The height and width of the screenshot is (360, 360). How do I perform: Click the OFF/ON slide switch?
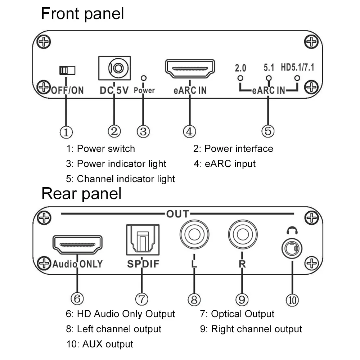pos(67,70)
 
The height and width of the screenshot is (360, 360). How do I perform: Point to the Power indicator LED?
pos(144,78)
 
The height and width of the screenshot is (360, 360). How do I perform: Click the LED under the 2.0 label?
pos(240,78)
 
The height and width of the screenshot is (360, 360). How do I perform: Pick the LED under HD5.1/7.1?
pos(297,78)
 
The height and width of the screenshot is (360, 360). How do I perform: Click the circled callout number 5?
pos(268,131)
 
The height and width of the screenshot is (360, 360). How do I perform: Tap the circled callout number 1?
pos(66,132)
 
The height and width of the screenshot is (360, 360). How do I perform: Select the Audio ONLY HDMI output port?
pos(78,244)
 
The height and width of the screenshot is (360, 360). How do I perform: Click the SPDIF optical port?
pos(143,240)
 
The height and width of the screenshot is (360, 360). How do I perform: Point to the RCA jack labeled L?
pos(194,234)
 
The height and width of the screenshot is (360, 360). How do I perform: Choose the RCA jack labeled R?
pos(243,234)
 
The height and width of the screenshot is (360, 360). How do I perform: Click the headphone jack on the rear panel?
pos(292,248)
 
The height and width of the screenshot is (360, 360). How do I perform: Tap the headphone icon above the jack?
pos(292,230)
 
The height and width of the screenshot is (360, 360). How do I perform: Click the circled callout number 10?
pos(292,300)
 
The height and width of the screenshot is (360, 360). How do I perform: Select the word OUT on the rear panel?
pos(178,214)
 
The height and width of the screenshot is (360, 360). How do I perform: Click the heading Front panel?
pos(82,14)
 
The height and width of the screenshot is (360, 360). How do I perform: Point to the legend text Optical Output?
pos(243,314)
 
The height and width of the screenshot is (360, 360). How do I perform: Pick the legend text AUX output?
pos(108,344)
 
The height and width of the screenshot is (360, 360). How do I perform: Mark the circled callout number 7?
pos(141,299)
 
